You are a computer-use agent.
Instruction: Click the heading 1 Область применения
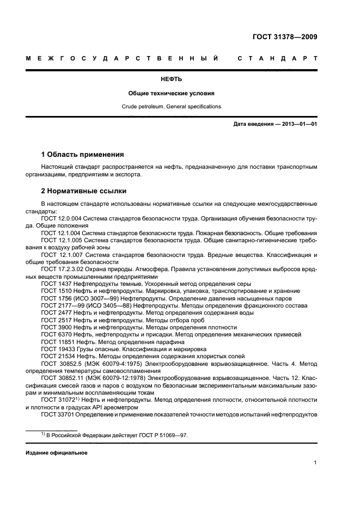coord(83,154)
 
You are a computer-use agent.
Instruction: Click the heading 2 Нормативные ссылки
coord(84,191)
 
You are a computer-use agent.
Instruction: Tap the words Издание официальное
coord(56,452)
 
